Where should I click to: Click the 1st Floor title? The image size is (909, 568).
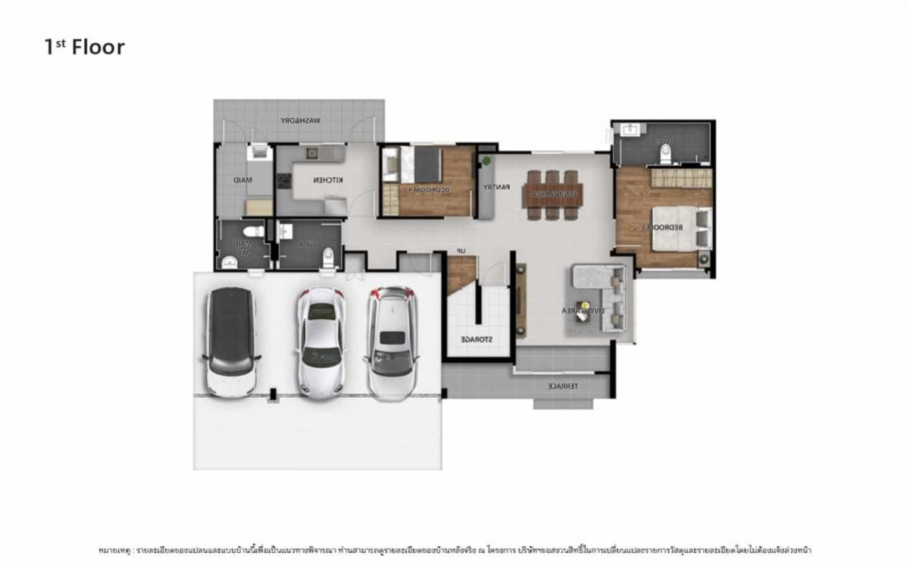coord(84,47)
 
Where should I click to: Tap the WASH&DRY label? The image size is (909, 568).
coord(301,120)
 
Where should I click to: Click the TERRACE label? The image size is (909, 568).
coord(563,386)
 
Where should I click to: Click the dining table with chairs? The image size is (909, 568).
coord(553,195)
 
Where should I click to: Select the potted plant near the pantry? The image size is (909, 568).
coord(486,161)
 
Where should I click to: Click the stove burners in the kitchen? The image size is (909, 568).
coord(284,181)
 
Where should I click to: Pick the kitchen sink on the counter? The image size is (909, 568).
coord(311,154)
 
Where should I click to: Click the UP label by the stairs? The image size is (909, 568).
coord(461,251)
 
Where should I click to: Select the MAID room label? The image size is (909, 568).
coord(242,180)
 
